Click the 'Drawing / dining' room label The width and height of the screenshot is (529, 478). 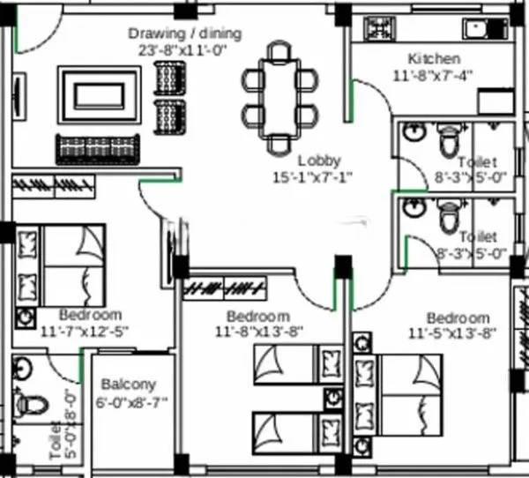coord(184,34)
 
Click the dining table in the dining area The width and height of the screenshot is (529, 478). coord(279,97)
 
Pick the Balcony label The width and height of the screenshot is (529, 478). coord(128,385)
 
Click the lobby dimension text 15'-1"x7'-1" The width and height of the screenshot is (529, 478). coord(312,177)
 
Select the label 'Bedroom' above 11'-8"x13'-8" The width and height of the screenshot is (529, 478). coord(257,317)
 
